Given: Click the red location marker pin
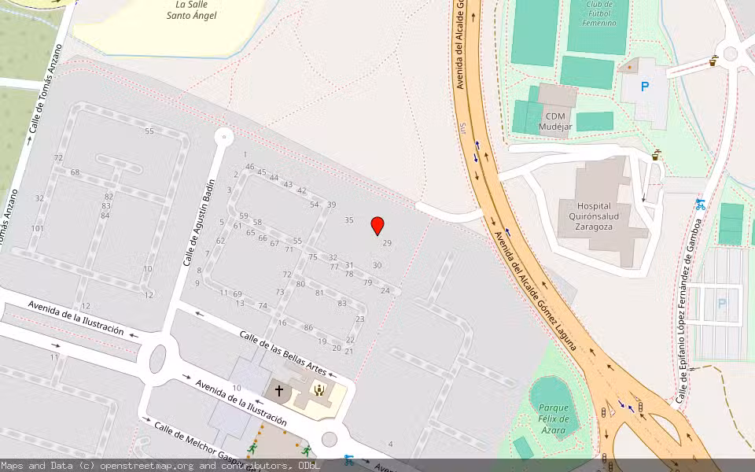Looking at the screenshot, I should point(377,226).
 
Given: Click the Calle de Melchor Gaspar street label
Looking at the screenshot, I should point(190,444).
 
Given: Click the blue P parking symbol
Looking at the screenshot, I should point(645,87).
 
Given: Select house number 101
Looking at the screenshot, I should point(37,229).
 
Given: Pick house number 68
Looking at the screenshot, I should point(75,172).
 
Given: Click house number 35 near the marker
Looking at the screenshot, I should point(349,220).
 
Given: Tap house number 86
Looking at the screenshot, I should point(308,327).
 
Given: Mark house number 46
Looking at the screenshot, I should point(250,167).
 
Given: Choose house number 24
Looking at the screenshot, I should point(385,290).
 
